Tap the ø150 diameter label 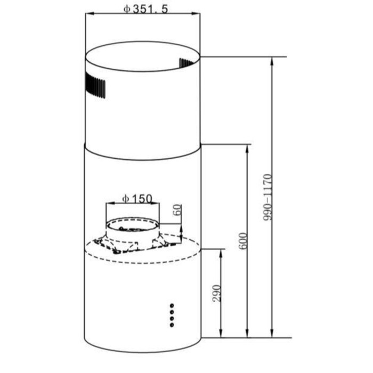pyautogui.click(x=137, y=198)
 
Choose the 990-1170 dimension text pyautogui.click(x=267, y=197)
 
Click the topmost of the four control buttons pyautogui.click(x=172, y=306)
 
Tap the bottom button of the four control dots pyautogui.click(x=172, y=323)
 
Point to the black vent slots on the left pyautogui.click(x=95, y=87)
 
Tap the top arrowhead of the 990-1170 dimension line pyautogui.click(x=272, y=60)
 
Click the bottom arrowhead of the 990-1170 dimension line pyautogui.click(x=272, y=334)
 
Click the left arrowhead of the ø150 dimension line pyautogui.click(x=108, y=204)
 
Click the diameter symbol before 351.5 pyautogui.click(x=126, y=9)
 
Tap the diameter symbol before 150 pyautogui.click(x=125, y=198)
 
